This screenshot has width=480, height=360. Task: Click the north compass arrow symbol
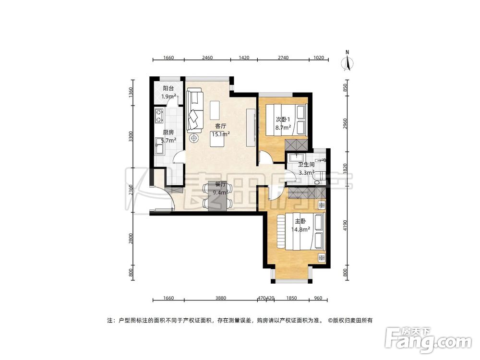coord(349,62)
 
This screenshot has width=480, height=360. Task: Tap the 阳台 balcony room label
coord(168,88)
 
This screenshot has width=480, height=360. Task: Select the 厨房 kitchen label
coord(168,132)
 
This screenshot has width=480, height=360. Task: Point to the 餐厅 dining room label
coord(220,184)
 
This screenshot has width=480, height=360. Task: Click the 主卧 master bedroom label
coord(300,221)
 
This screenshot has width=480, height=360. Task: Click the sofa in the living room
coord(195,109)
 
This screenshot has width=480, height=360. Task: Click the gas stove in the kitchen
coord(159,115)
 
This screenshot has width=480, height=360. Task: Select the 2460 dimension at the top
coord(207,58)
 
